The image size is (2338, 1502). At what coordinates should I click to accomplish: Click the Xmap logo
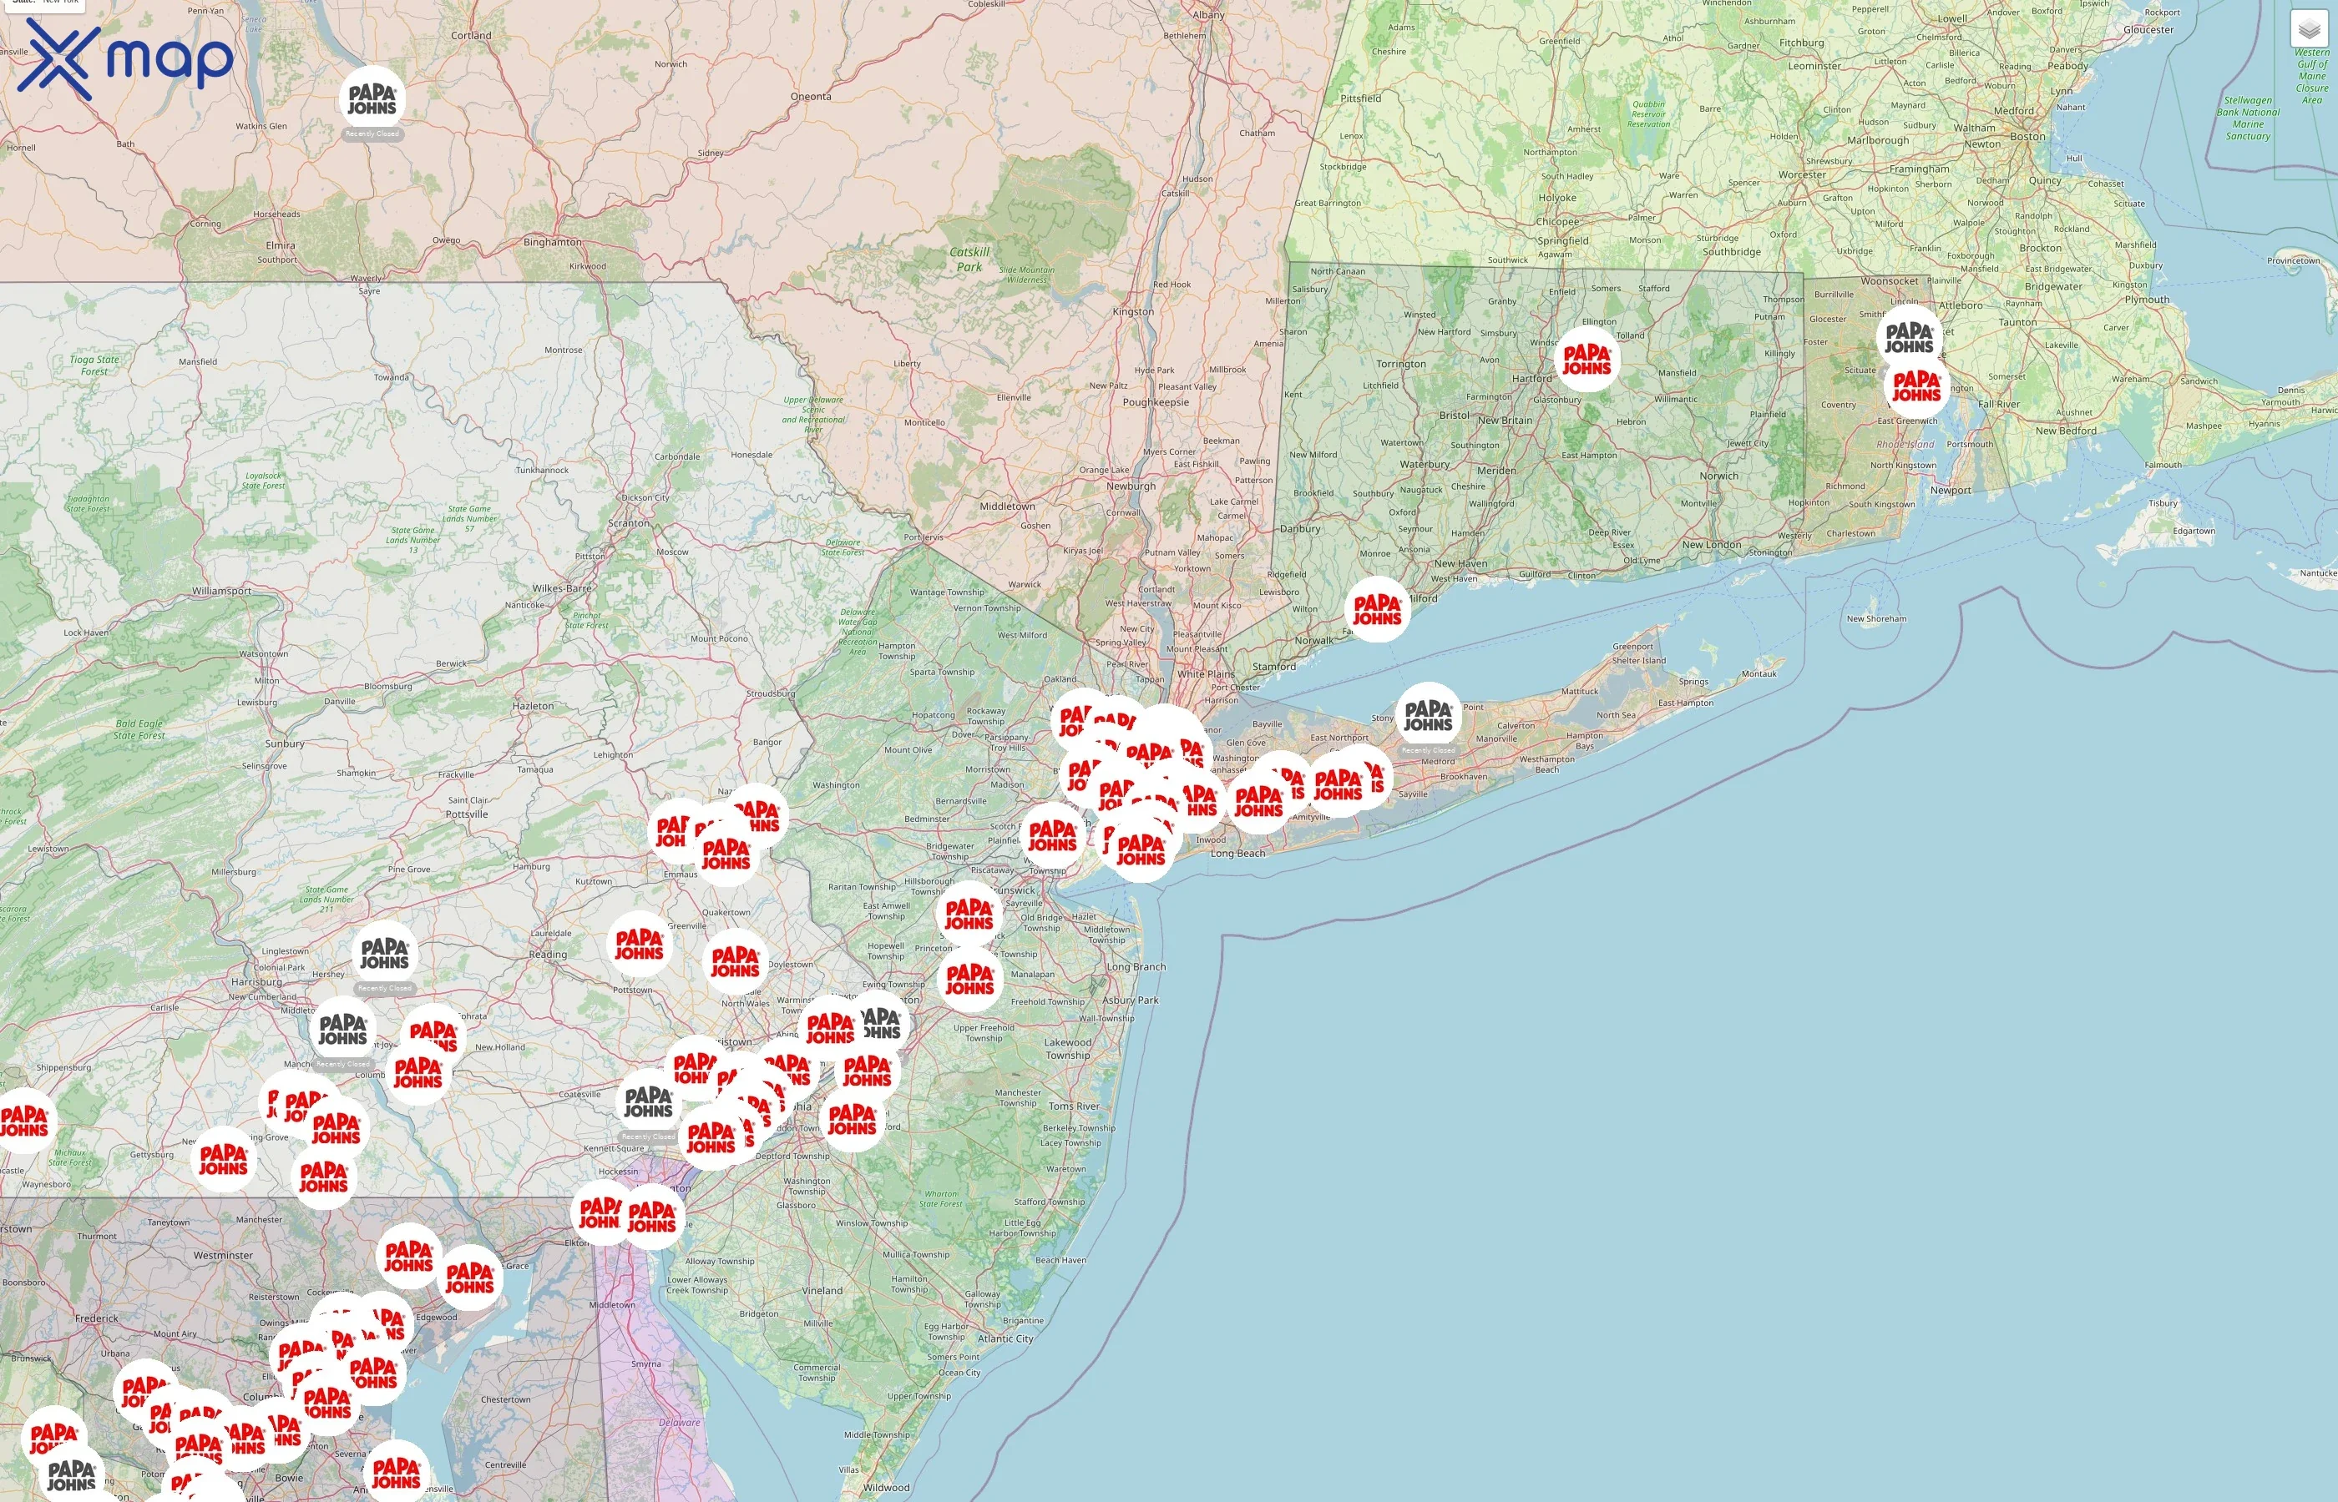coord(125,58)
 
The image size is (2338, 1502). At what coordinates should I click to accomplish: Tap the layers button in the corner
coord(2309,29)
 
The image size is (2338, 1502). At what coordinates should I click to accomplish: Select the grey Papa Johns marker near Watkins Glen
coord(372,98)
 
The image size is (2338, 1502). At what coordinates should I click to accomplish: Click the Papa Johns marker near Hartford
coord(1586,359)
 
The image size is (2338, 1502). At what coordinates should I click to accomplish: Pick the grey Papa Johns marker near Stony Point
coord(1429,716)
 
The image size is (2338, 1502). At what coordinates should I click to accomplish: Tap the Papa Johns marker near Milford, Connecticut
coord(1377,610)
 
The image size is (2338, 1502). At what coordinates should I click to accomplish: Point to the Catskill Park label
coord(969,259)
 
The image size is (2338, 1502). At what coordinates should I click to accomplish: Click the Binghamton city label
coord(552,242)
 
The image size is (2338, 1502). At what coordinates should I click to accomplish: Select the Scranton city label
coord(629,522)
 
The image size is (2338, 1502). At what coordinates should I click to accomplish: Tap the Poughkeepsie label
coord(1156,402)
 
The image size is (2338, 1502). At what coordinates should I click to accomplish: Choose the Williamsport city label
coord(221,591)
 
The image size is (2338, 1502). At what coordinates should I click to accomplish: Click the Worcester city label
coord(1801,175)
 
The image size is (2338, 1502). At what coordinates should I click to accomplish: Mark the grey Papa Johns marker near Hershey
coord(384,954)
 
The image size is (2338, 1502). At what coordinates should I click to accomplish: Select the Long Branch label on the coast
coord(1136,966)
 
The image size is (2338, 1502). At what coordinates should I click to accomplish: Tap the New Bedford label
coord(2066,430)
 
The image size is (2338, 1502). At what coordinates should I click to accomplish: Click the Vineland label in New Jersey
coord(822,1290)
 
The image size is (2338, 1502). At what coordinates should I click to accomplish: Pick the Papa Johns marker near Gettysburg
coord(224,1160)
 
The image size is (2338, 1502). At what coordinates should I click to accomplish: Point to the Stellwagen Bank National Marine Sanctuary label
coord(2248,118)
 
